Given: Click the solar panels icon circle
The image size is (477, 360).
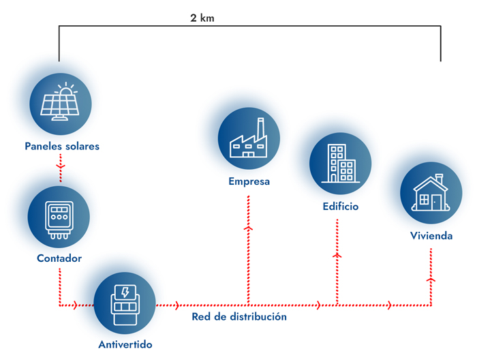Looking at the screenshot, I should pos(61,104).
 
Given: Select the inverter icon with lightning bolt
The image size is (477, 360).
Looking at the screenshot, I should pos(125,303).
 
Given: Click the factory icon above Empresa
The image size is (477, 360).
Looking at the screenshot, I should pos(249,139).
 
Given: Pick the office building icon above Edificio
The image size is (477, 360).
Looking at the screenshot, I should pos(341,163).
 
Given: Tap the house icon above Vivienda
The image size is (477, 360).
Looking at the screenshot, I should pos(431,193).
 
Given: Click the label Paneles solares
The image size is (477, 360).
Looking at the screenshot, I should pos(61,146).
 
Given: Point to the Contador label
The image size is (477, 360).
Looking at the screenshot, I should pos(59,258).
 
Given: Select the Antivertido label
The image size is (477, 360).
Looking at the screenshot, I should pos(125,344).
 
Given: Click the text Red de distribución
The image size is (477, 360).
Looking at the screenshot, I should pos(238,317).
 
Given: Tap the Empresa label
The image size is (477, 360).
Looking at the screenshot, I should pos(249,181).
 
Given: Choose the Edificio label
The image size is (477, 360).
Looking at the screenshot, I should pos(341,205).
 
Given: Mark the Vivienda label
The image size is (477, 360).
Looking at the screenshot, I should pos(431,236).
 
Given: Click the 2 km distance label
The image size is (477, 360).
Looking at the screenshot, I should pos(202,18).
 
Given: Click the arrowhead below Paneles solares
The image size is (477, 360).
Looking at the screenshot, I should pos(61,165).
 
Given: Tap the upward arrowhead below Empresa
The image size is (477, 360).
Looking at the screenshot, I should pos(248,228).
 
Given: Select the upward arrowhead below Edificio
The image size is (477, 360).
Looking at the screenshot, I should pos(337,254).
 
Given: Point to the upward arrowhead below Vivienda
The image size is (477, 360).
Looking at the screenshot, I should pos(431,280).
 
